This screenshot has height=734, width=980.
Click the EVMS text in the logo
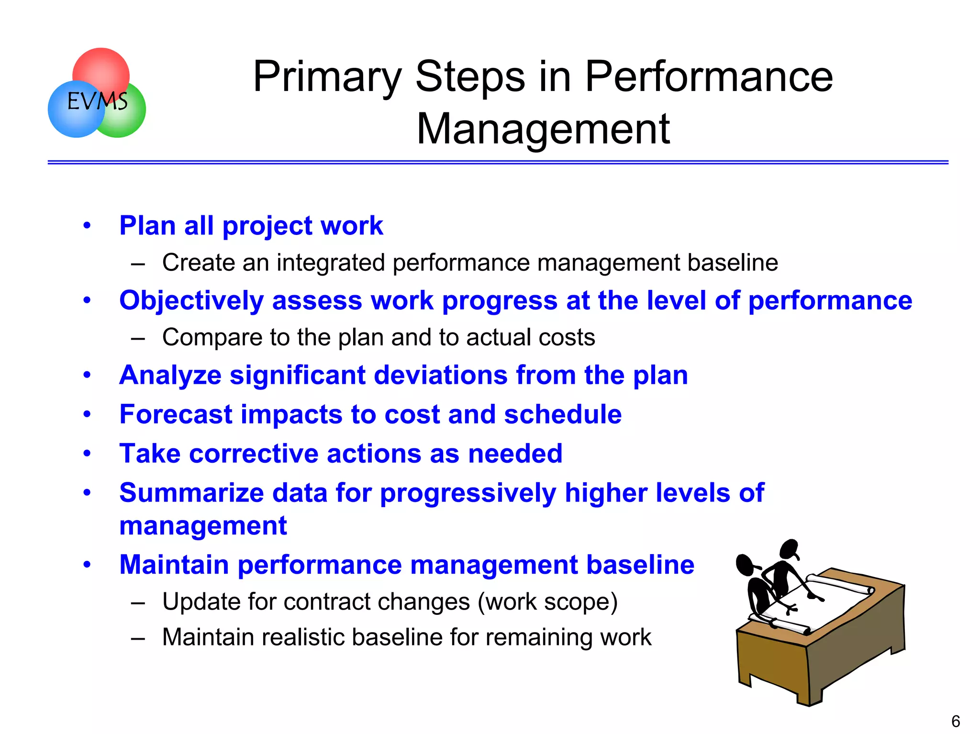pos(97,101)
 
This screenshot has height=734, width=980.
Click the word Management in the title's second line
pos(543,129)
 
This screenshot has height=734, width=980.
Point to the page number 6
pos(956,721)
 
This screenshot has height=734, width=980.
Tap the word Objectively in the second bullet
pos(191,301)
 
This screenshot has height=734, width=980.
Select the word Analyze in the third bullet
pos(170,375)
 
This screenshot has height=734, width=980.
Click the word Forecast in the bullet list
pos(176,414)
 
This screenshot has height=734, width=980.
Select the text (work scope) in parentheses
pos(548,602)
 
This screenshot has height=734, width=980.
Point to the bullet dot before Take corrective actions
pos(87,453)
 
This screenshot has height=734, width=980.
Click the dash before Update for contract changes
pos(138,603)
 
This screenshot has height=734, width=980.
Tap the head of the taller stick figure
pos(790,549)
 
